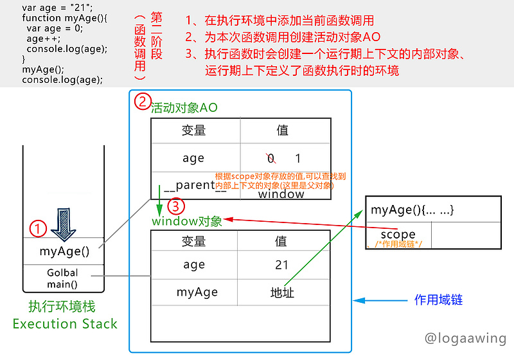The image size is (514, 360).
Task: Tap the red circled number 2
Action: (x=141, y=102)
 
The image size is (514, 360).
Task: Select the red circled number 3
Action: (x=177, y=206)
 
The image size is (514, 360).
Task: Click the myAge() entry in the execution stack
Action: (x=64, y=251)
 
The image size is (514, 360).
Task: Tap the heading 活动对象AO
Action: (x=184, y=108)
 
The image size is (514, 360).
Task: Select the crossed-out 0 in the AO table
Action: (x=270, y=158)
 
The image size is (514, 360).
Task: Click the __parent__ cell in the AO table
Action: (x=195, y=186)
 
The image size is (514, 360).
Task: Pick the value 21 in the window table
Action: (x=282, y=265)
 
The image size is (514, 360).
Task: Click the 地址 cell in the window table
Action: (x=282, y=292)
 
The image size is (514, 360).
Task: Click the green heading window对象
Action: (x=187, y=222)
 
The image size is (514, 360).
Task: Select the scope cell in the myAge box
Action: (x=398, y=235)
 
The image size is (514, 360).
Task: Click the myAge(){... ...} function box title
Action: (x=413, y=210)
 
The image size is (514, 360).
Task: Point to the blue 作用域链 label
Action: (x=439, y=300)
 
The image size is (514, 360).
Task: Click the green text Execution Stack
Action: (x=65, y=323)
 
